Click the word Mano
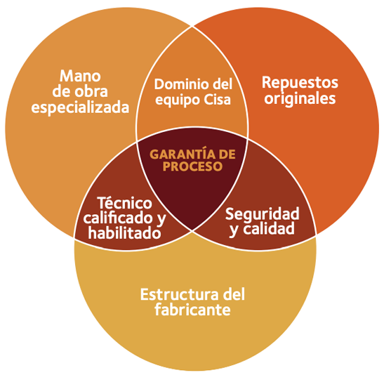pos(80,76)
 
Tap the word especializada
pos(80,108)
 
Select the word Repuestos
pos(300,84)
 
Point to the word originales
pos(300,99)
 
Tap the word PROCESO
pos(192,166)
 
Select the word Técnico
pos(125,203)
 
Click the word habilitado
pos(125,232)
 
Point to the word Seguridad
pos(263,213)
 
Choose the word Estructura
pos(179,295)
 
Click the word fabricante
pos(192,310)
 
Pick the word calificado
pos(118,218)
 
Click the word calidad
pos(269,228)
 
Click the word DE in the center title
pos(227,154)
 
